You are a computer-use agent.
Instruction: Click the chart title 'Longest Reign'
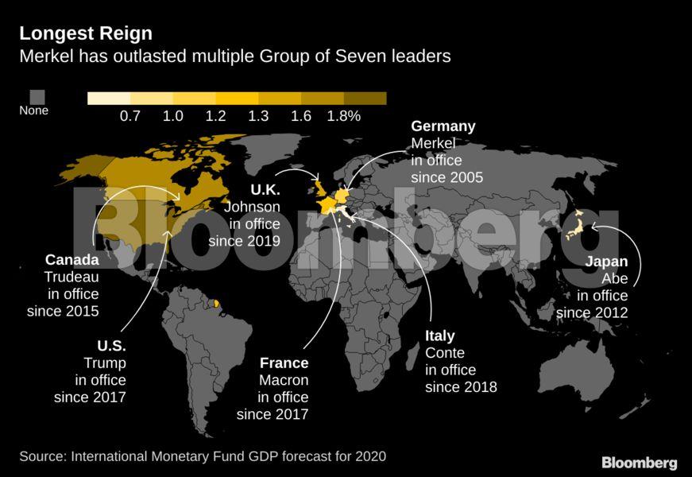click(86, 33)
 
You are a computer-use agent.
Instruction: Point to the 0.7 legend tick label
click(130, 116)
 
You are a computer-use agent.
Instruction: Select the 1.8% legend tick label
click(343, 116)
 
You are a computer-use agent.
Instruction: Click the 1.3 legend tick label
click(258, 116)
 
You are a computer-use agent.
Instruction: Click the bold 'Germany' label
click(443, 126)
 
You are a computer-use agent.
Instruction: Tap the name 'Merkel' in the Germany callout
click(433, 143)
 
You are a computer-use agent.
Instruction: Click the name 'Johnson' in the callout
click(252, 207)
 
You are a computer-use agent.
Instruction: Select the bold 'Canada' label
click(72, 260)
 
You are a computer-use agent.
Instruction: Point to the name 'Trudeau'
click(72, 277)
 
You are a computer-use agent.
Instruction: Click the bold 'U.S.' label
click(111, 346)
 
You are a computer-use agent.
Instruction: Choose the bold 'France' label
click(284, 363)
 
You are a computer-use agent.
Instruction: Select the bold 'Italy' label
click(440, 335)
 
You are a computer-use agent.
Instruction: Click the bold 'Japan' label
click(606, 262)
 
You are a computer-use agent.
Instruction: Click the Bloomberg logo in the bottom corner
click(639, 462)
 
